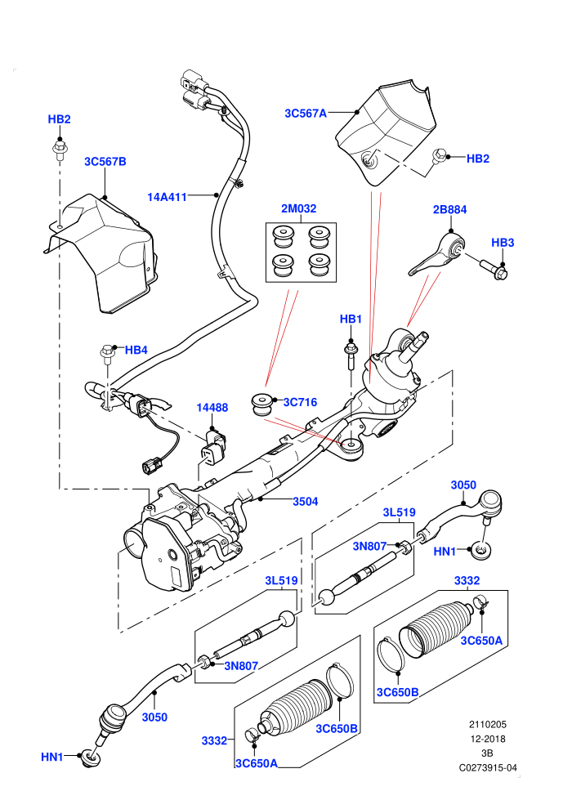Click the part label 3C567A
(x=306, y=113)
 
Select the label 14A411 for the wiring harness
(x=167, y=197)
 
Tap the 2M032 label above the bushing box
(x=298, y=208)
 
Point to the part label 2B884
(x=449, y=209)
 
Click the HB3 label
(x=503, y=243)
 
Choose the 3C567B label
(x=105, y=162)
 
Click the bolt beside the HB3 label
(x=494, y=269)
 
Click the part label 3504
(x=306, y=501)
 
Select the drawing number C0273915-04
(x=488, y=767)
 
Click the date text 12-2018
(x=488, y=739)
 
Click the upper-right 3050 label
(x=463, y=485)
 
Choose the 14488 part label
(x=212, y=408)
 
